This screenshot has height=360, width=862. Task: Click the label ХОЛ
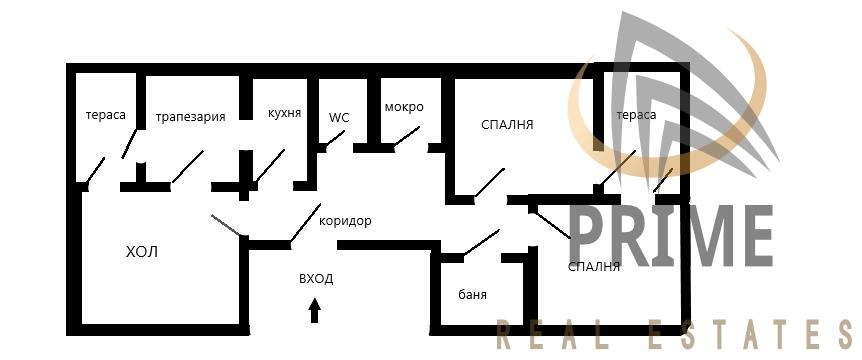point(143,250)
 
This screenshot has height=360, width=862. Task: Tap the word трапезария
point(190,116)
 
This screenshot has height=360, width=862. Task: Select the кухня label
point(285,114)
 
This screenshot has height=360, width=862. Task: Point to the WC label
point(339,117)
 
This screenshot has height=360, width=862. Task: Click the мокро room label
point(404,107)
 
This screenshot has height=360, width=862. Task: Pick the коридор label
point(345,221)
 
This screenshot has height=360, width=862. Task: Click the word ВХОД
point(316,279)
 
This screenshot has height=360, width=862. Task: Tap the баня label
point(473,295)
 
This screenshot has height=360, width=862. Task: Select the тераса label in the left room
point(106,115)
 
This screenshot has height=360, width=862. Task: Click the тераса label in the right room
point(636,115)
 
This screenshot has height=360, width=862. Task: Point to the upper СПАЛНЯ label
point(507,125)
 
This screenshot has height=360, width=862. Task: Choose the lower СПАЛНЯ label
point(594,266)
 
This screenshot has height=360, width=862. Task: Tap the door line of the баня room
point(481,242)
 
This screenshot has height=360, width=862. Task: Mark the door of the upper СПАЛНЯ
point(489,181)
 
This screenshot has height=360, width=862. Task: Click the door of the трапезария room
point(187,167)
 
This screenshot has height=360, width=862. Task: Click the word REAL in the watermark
point(559,333)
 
